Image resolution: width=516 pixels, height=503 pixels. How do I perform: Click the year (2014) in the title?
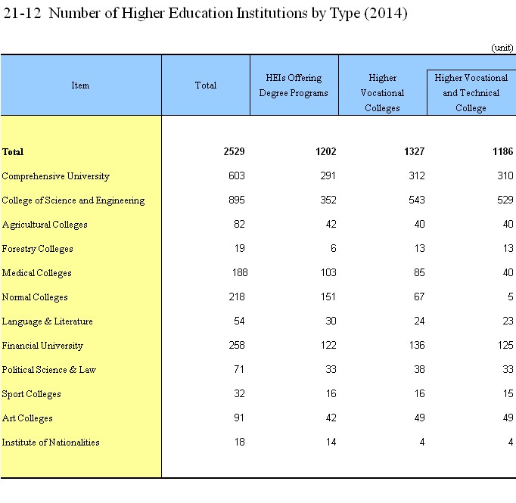pos(386,14)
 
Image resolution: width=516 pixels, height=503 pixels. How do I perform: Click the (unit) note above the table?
pos(502,48)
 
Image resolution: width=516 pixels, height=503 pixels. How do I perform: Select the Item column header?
pos(80,85)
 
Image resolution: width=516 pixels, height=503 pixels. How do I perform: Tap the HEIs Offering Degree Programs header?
pos(294,85)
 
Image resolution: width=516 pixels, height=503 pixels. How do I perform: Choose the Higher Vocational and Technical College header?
pos(471,93)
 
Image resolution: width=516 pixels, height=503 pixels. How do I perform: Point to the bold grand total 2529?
pos(234,152)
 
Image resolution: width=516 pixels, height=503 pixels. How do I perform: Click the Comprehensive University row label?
pos(56,176)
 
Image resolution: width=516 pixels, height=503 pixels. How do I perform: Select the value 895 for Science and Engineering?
pos(237,200)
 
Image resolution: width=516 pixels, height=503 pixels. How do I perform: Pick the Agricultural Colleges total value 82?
pos(239,225)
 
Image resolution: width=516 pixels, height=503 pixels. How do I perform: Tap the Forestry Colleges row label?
pos(38,249)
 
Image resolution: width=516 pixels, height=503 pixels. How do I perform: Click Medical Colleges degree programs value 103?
pos(328,273)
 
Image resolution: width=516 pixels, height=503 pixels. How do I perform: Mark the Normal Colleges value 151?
pos(328,297)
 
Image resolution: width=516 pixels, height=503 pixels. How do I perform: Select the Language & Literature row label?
pos(48,321)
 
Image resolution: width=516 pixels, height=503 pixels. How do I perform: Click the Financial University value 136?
pos(417,346)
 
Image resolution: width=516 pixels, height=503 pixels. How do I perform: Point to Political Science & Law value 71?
pos(239,369)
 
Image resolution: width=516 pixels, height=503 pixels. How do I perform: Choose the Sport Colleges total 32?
pos(239,394)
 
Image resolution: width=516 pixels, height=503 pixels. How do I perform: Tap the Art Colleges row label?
pos(27,418)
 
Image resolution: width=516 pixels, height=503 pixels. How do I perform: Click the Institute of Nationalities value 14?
pos(331,442)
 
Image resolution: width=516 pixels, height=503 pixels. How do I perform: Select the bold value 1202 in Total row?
pos(326,152)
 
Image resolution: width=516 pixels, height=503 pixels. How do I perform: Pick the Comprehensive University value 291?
pos(328,176)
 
